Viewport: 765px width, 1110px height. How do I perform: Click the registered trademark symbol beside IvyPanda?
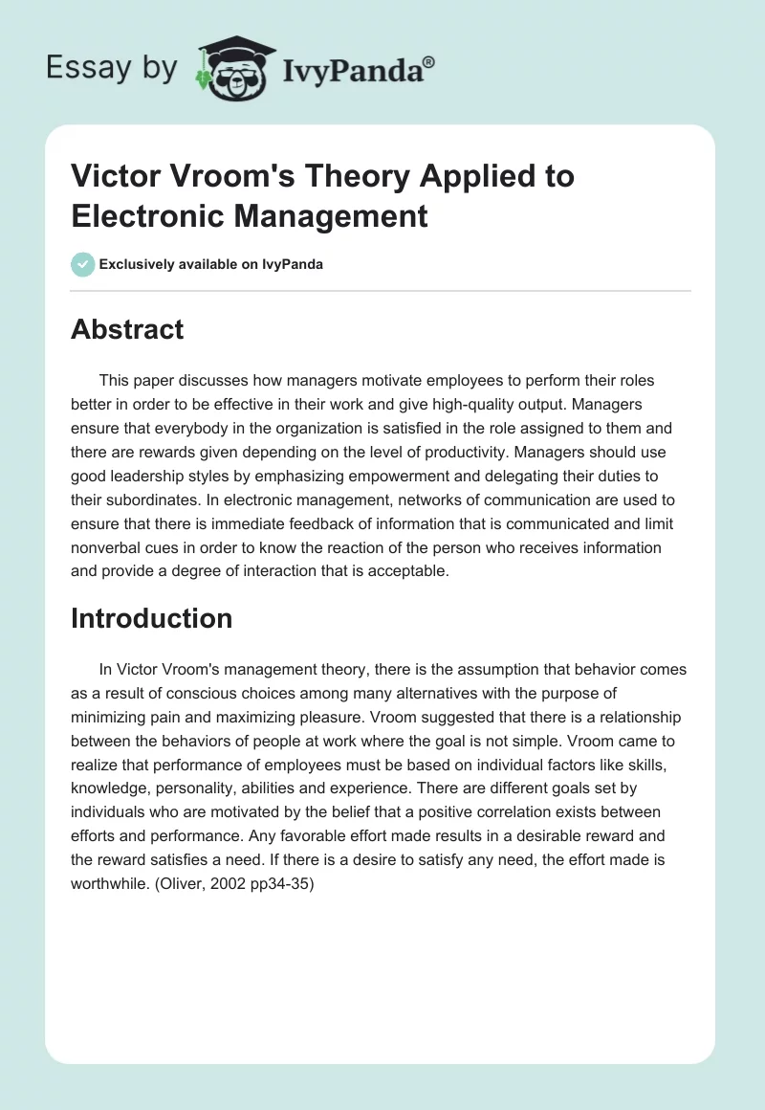[429, 62]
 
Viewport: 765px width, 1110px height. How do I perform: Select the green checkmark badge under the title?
[83, 264]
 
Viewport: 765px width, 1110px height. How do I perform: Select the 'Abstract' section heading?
[127, 330]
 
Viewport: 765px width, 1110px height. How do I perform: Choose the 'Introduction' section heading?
[151, 618]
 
